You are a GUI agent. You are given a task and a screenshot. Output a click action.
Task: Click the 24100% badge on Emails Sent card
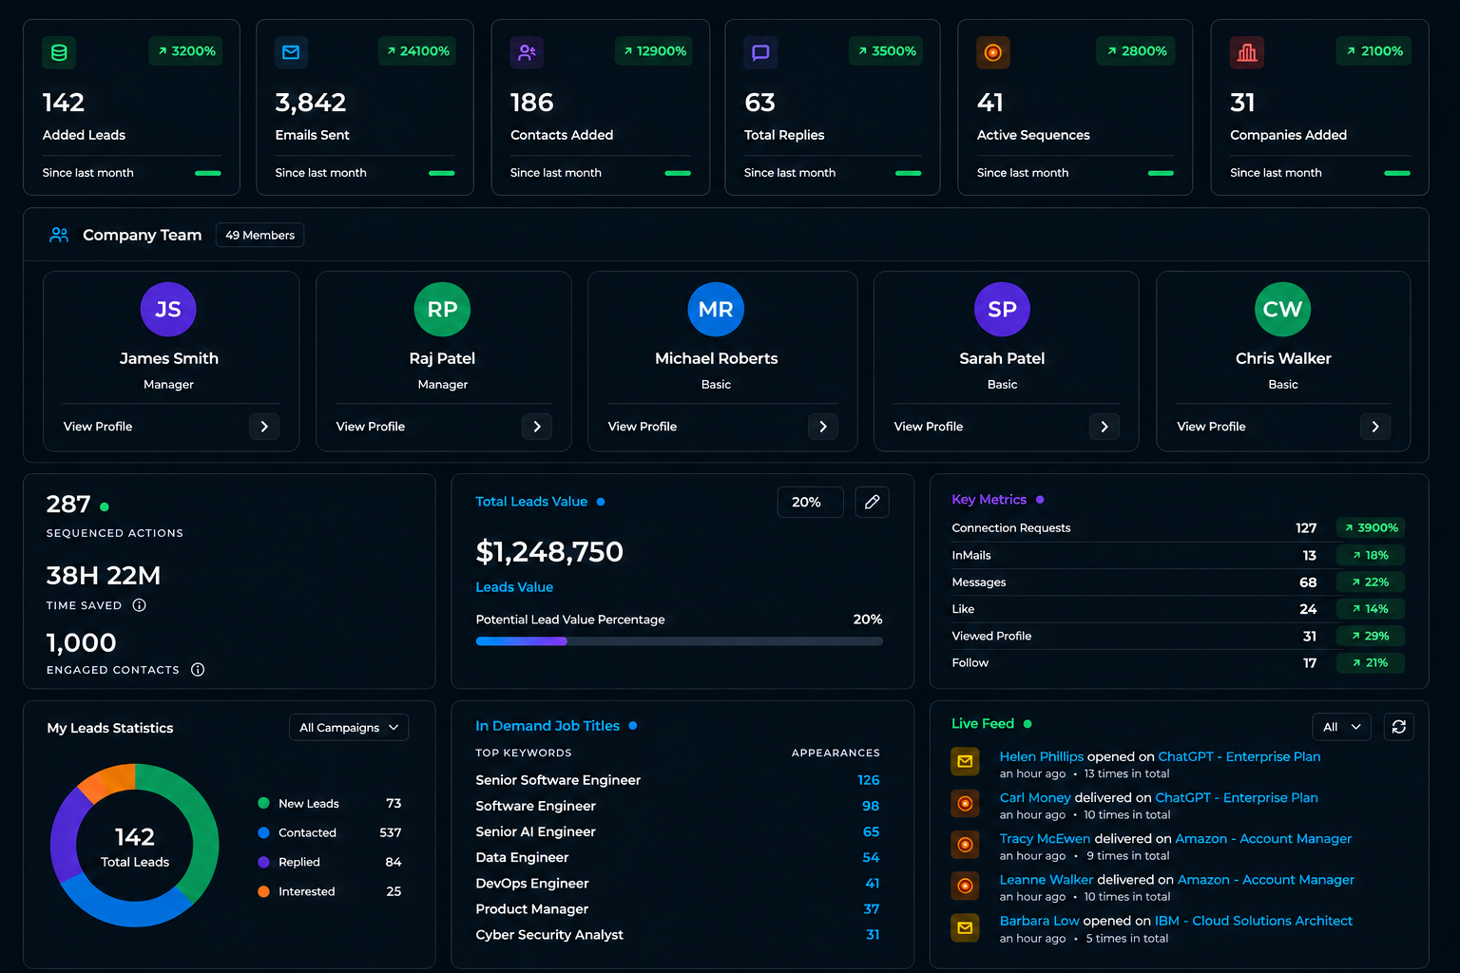tap(417, 50)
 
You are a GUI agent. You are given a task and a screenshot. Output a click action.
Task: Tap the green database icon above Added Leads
tap(59, 52)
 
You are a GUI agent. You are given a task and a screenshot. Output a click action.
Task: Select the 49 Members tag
tap(259, 236)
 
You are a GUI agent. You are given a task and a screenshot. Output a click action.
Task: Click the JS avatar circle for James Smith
tap(168, 309)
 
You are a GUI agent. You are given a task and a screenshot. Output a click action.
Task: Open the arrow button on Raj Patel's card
tap(536, 427)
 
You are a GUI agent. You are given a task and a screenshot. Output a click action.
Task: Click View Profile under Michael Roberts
tap(642, 427)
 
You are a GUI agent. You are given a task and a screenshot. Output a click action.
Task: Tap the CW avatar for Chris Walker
tap(1282, 309)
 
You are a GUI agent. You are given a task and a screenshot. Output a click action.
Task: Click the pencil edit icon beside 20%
tap(872, 502)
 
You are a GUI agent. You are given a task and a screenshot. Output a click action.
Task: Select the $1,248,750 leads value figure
tap(549, 551)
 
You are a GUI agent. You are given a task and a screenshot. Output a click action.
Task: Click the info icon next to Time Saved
tap(139, 604)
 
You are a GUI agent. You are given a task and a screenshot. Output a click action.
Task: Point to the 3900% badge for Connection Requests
tap(1371, 527)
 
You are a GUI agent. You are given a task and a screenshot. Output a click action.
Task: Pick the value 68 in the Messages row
tap(1308, 582)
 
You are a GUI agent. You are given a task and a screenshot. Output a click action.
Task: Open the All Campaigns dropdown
tap(349, 727)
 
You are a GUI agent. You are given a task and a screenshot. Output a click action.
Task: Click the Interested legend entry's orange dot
tap(263, 891)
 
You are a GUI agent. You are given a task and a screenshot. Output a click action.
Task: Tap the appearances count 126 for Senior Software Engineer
tap(868, 779)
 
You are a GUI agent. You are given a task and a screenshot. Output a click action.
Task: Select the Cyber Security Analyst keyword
tap(549, 935)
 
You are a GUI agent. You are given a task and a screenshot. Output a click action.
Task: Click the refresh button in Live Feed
tap(1399, 727)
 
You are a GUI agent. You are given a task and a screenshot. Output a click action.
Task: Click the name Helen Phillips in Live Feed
tap(1042, 756)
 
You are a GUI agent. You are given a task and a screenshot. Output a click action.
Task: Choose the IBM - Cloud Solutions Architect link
tap(1254, 920)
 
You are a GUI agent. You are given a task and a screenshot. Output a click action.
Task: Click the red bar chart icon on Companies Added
tap(1247, 52)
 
